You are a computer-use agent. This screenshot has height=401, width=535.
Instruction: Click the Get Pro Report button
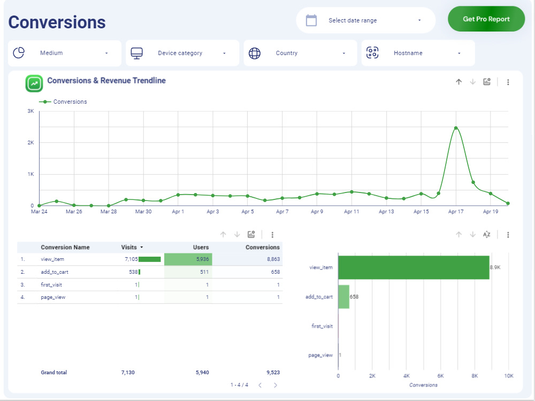486,19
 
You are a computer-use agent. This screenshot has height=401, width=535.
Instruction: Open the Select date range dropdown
365,20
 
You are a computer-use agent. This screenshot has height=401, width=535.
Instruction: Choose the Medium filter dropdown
65,53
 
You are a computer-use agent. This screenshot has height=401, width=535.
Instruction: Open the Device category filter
182,53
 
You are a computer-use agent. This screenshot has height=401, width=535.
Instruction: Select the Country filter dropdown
300,53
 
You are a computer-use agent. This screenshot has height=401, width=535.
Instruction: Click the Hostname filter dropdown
418,53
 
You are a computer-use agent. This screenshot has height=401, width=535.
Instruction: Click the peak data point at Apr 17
456,128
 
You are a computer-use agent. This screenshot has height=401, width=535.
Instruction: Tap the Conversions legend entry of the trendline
70,102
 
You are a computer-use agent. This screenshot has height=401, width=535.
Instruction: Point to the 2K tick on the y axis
31,143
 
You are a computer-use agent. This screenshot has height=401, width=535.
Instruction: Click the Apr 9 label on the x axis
317,212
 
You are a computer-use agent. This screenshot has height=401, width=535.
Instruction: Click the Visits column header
129,248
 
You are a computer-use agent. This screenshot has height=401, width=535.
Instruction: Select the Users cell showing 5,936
188,259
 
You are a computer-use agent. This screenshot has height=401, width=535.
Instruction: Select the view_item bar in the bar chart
413,267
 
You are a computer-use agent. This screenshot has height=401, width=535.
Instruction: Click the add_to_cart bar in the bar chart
343,297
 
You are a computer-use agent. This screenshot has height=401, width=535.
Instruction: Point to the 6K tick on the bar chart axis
440,376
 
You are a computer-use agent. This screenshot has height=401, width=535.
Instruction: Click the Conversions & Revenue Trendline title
106,81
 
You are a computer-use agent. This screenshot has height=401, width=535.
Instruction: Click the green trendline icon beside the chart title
34,83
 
